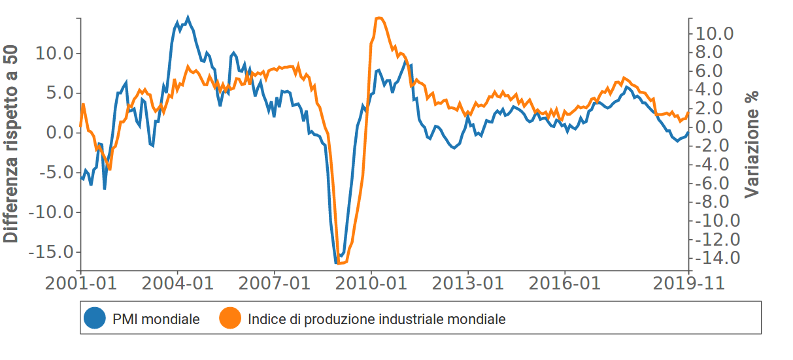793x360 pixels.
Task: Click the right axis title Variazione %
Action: click(x=752, y=145)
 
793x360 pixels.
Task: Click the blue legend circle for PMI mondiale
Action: click(x=95, y=319)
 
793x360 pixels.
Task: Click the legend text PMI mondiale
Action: click(x=156, y=319)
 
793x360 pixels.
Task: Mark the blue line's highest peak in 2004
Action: click(x=188, y=18)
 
